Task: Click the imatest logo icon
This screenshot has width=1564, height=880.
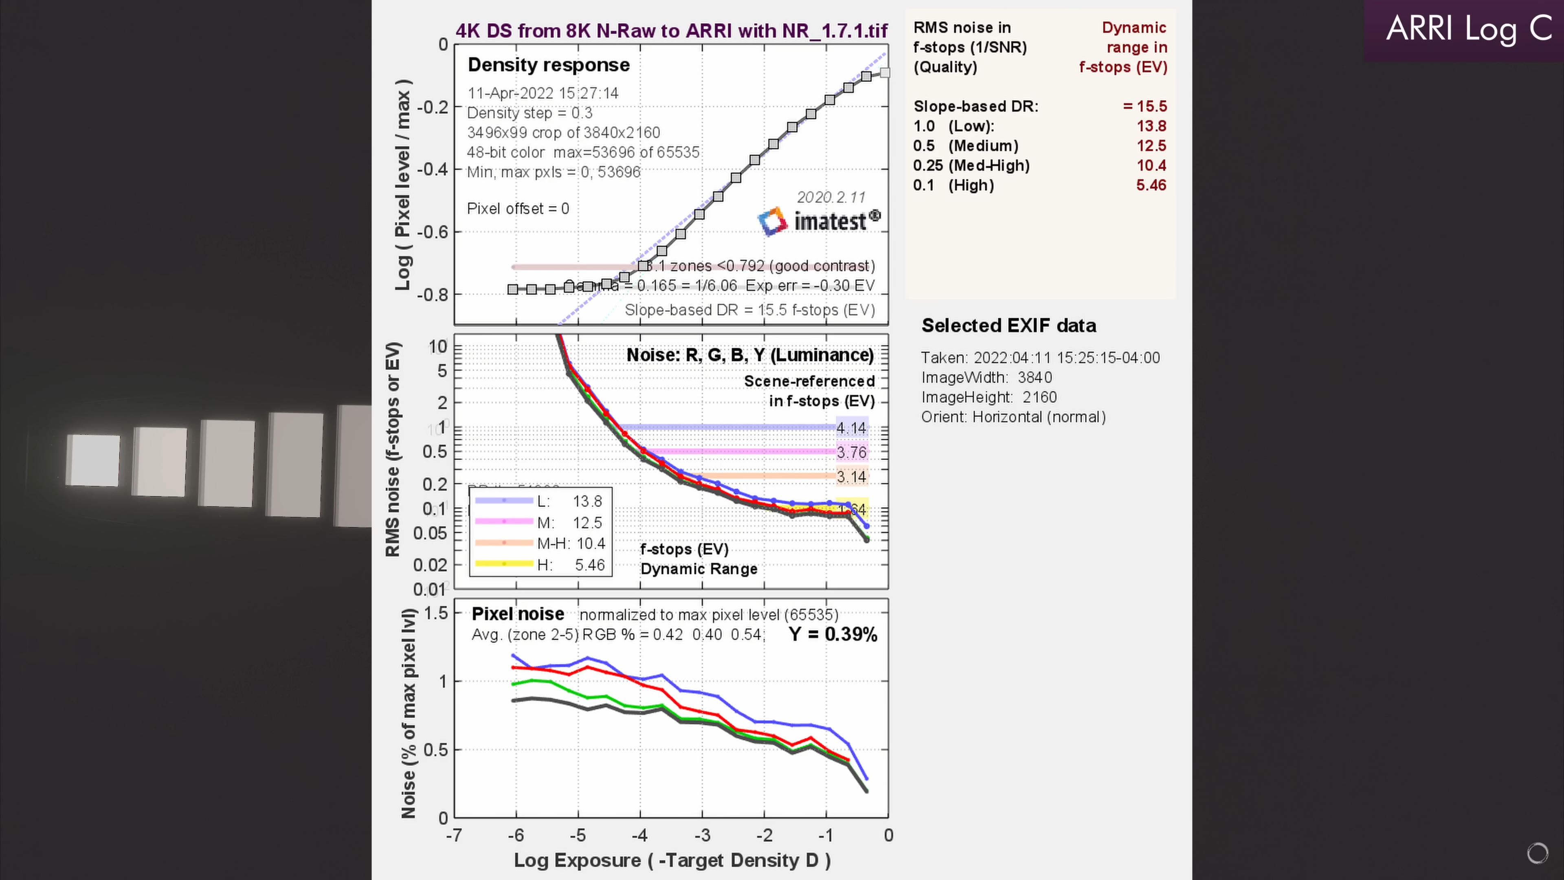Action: point(772,221)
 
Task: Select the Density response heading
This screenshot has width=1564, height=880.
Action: point(548,65)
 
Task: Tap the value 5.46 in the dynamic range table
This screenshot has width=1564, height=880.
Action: point(1151,185)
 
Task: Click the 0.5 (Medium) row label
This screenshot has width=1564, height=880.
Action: point(965,146)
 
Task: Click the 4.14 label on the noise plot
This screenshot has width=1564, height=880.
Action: point(851,428)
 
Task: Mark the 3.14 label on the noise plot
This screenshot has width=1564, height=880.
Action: point(851,477)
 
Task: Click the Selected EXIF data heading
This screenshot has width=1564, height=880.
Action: point(1008,326)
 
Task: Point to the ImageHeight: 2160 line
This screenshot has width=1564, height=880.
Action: point(988,397)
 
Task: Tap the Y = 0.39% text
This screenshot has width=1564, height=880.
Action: point(833,635)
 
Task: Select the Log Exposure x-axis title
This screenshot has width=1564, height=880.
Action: point(672,860)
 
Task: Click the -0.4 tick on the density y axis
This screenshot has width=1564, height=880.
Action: point(433,169)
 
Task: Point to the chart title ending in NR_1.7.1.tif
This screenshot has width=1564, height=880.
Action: point(672,31)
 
